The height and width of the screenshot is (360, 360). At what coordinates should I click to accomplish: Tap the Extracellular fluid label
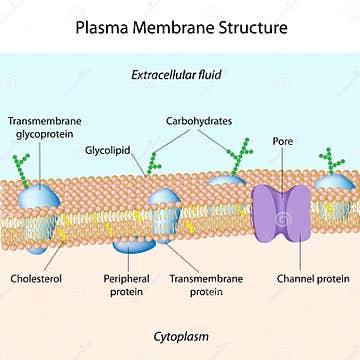[180, 75]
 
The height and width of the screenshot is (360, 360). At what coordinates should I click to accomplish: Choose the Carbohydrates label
[199, 121]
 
